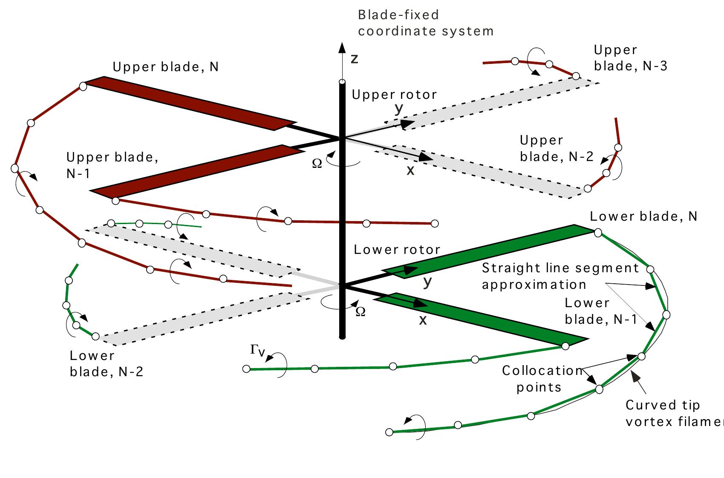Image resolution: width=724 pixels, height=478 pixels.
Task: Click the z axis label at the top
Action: pyautogui.click(x=354, y=59)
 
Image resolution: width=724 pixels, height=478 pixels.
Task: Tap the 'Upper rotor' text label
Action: pyautogui.click(x=394, y=95)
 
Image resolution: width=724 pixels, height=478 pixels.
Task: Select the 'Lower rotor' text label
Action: pyautogui.click(x=397, y=249)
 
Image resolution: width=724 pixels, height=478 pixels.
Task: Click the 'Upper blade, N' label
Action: pyautogui.click(x=165, y=67)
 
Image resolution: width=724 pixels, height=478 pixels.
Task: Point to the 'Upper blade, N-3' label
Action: pyautogui.click(x=630, y=58)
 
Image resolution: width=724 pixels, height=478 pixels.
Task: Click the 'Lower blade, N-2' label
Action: pyautogui.click(x=106, y=363)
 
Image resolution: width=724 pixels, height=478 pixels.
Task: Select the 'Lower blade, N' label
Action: pyautogui.click(x=643, y=216)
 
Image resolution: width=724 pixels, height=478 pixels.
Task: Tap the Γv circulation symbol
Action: pyautogui.click(x=258, y=350)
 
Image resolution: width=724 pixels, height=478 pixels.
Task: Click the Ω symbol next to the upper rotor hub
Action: pyautogui.click(x=317, y=164)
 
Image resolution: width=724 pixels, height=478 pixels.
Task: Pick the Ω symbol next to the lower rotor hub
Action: pyautogui.click(x=360, y=312)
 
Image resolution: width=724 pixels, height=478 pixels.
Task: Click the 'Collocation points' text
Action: pyautogui.click(x=541, y=378)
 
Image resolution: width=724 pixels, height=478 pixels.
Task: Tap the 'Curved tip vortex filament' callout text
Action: pyautogui.click(x=673, y=413)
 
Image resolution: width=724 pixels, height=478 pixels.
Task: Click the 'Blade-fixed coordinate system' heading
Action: pyautogui.click(x=425, y=23)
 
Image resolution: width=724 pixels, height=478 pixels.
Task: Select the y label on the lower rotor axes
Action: pyautogui.click(x=428, y=281)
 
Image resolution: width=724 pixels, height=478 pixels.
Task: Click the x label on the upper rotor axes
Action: pyautogui.click(x=410, y=171)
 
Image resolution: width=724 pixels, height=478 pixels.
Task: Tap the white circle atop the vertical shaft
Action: pyautogui.click(x=342, y=82)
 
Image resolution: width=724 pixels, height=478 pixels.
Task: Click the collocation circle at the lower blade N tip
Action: pyautogui.click(x=598, y=233)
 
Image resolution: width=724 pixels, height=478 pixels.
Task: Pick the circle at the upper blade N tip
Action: pyautogui.click(x=84, y=86)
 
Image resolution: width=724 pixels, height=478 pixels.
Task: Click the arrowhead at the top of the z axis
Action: pyautogui.click(x=342, y=47)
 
